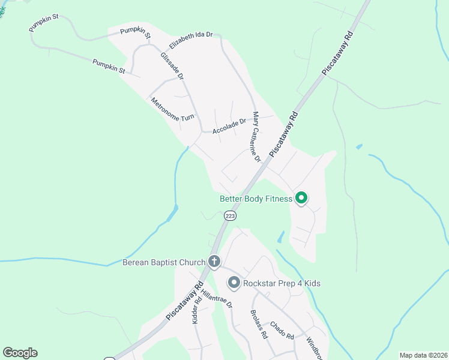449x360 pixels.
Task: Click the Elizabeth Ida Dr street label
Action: pos(191,40)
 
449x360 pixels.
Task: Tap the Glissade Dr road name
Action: pos(172,66)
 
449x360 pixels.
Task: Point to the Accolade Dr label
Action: pos(229,125)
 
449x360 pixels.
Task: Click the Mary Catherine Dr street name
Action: pos(256,137)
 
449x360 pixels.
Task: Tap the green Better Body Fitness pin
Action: pos(301,197)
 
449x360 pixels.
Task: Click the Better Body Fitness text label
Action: pos(256,199)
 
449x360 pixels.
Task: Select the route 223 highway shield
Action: pos(229,215)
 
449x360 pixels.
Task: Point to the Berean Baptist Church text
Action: pos(163,262)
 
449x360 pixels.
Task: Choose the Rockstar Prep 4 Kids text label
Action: pos(282,283)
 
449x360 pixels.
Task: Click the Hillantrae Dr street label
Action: pos(217,299)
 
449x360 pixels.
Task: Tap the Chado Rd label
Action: pos(281,330)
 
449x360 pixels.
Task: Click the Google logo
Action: pos(20,353)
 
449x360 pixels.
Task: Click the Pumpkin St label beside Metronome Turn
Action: pos(109,66)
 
